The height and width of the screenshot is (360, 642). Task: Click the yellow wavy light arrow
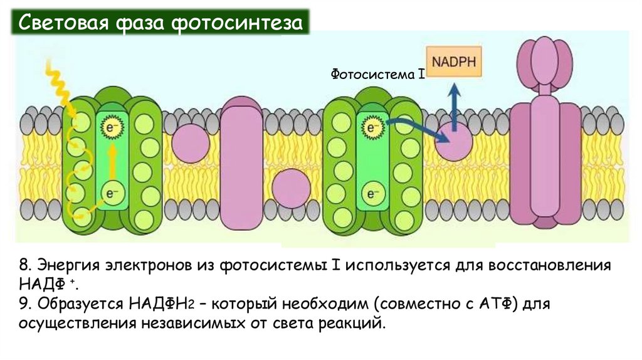coord(60,82)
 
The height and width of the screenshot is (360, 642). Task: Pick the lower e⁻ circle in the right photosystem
coord(371,193)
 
